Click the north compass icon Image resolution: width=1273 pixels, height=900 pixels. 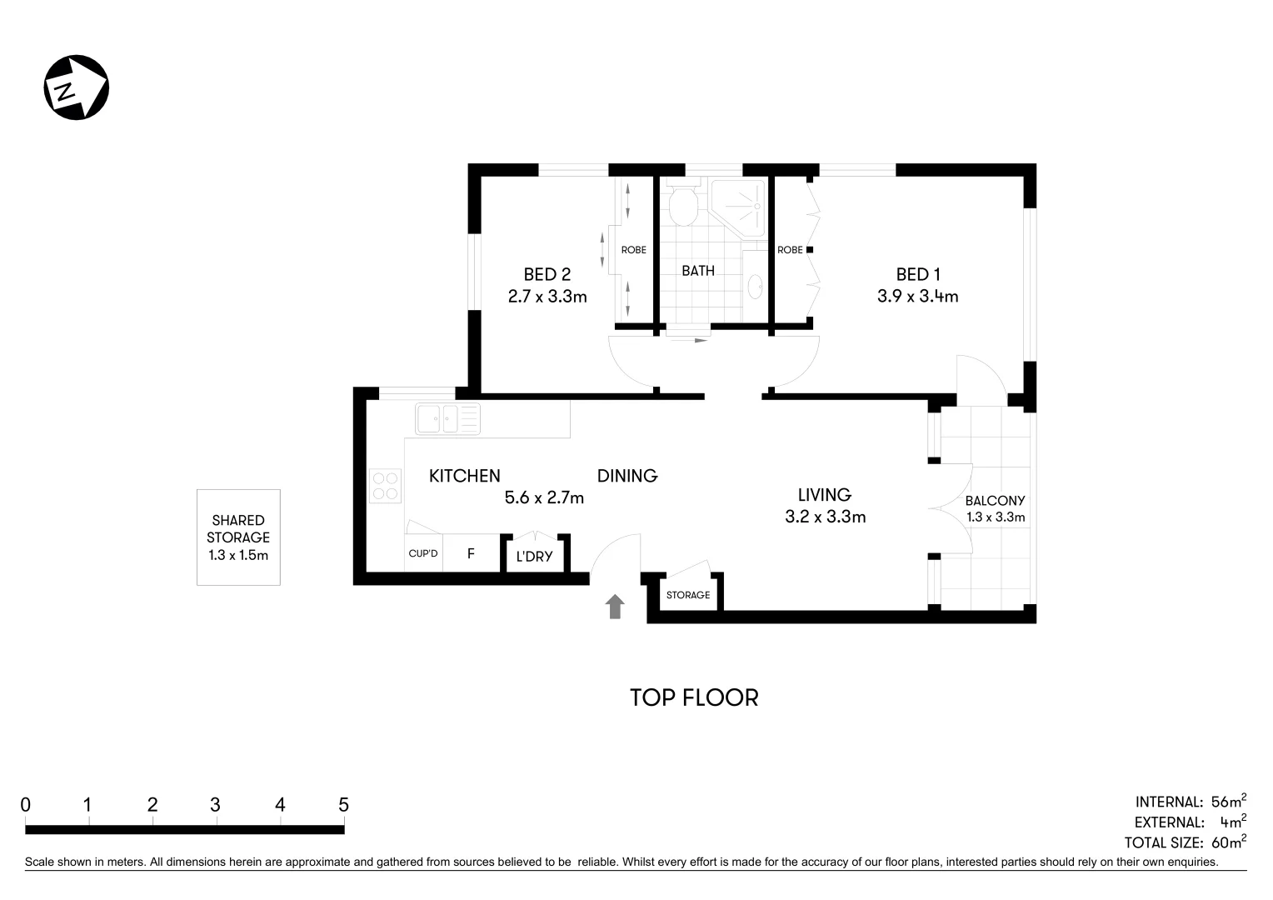tap(76, 87)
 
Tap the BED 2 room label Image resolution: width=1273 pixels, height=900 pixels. tap(547, 274)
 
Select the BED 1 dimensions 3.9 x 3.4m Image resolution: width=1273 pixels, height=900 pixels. tap(917, 296)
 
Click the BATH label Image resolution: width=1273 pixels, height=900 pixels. tap(697, 270)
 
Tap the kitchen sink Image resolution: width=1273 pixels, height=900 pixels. tap(447, 418)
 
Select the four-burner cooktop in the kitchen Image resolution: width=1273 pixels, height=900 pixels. tap(386, 486)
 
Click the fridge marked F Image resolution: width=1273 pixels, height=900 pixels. tap(471, 553)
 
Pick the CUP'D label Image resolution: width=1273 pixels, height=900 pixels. tap(423, 553)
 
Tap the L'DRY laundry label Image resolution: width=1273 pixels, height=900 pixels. tap(534, 556)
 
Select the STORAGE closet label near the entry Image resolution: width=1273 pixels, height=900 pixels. tap(688, 595)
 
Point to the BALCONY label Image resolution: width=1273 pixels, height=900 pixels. tap(995, 501)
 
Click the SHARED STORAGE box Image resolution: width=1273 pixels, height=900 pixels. tap(238, 537)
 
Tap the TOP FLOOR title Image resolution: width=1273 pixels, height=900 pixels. tap(694, 697)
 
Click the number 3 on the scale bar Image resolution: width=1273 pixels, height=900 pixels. tap(215, 805)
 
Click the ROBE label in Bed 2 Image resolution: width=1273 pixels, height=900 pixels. tap(633, 250)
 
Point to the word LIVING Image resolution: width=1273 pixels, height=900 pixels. tap(824, 494)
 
